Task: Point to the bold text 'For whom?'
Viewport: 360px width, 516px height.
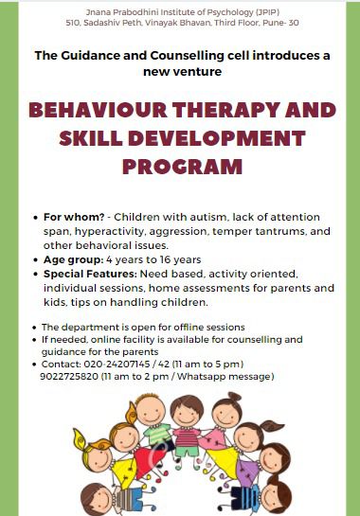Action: click(73, 217)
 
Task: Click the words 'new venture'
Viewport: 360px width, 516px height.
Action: click(183, 71)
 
